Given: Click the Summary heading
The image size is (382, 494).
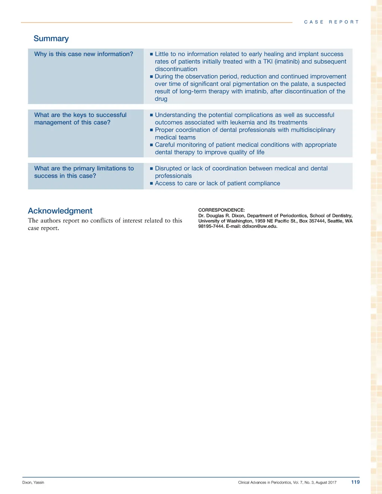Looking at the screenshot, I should tap(51, 39).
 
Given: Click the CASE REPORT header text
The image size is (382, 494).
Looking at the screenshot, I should tap(331, 22).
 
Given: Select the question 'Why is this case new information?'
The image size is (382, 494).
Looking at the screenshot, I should tap(84, 54).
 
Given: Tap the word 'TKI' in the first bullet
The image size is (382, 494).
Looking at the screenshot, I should tap(268, 62).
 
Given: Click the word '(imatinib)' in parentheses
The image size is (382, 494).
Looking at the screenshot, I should tap(287, 62).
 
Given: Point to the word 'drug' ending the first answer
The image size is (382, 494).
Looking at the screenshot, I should tap(161, 99).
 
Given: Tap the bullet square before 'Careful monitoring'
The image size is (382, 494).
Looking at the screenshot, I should tap(151, 145).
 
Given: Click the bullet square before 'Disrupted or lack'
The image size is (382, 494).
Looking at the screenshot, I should tap(151, 169).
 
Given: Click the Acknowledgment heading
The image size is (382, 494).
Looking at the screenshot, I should tap(60, 211).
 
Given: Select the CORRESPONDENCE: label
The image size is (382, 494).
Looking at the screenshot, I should tap(221, 210).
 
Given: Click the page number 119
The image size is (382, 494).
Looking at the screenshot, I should tap(355, 482).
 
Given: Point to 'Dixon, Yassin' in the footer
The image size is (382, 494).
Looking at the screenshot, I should tap(33, 482).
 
